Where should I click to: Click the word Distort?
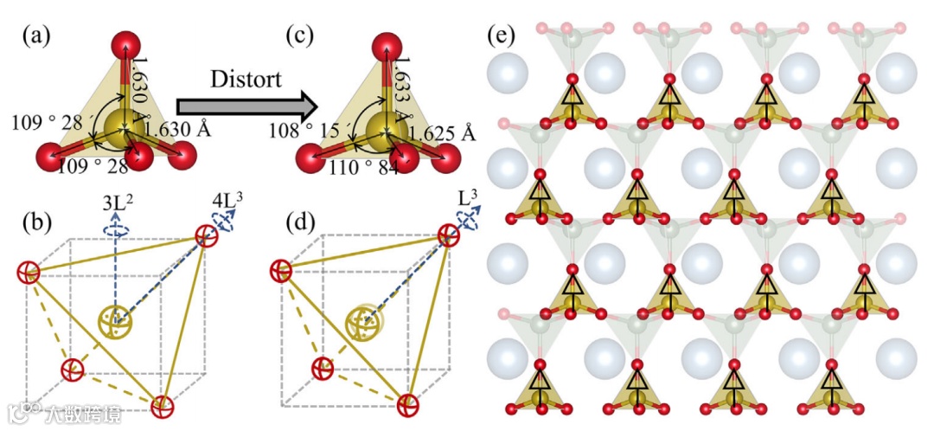tap(246, 80)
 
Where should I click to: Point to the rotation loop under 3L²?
tap(114, 230)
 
